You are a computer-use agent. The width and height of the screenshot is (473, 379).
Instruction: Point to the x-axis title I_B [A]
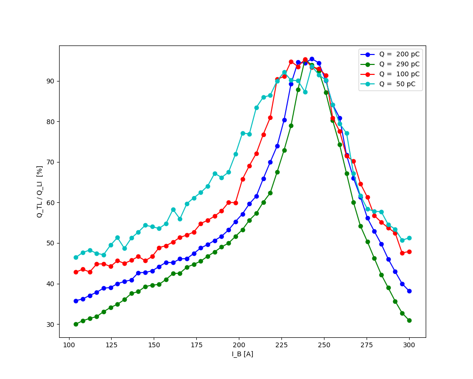(x=242, y=354)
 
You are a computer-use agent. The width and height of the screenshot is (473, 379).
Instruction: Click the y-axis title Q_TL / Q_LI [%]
(x=40, y=191)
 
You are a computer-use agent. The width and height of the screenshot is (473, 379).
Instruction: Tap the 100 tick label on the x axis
(x=69, y=345)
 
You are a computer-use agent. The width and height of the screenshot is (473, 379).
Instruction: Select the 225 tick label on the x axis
(x=281, y=345)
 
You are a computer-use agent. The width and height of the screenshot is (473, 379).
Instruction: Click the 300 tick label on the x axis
(x=409, y=345)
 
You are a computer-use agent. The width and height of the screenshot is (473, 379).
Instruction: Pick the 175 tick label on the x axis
(x=196, y=345)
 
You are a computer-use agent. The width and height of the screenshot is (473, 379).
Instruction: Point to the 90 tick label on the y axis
(x=50, y=81)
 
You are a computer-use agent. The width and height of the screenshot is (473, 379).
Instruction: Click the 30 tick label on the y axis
(x=50, y=325)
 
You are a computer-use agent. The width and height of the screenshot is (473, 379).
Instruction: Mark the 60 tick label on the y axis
(x=50, y=203)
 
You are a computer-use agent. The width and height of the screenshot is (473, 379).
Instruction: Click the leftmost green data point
(x=76, y=324)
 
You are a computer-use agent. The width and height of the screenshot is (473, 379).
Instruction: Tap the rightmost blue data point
(x=409, y=291)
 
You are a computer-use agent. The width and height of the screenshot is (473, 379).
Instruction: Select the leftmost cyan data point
(x=76, y=257)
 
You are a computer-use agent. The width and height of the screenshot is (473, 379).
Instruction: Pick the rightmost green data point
(x=409, y=320)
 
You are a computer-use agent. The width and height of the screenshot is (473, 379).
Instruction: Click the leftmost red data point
(x=76, y=272)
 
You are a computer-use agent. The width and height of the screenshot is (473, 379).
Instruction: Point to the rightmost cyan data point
(x=409, y=238)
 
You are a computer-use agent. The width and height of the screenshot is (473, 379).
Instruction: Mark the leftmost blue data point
(x=76, y=301)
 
